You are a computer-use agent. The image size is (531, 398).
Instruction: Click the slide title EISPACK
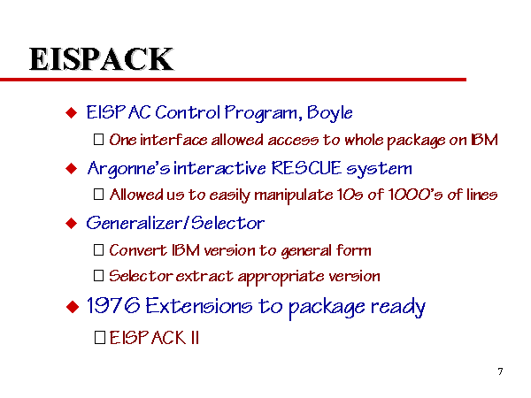pos(101,59)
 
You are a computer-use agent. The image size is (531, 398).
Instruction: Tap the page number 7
pos(500,371)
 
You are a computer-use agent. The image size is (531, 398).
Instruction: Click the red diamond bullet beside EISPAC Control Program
pos(72,112)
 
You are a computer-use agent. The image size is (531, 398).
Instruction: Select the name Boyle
pos(329,112)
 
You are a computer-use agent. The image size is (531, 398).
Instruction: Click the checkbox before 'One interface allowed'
pos(98,140)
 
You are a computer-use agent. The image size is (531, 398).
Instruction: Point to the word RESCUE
pos(306,168)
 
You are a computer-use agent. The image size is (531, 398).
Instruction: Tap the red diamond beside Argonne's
pos(72,168)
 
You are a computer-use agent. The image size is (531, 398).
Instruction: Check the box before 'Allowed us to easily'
pos(98,195)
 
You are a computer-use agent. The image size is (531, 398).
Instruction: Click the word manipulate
pos(293,195)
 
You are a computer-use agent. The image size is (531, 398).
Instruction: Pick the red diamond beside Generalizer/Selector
pos(72,224)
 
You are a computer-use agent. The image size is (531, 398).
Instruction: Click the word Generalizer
pos(135,224)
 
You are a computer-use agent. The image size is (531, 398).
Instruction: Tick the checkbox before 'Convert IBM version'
pos(98,250)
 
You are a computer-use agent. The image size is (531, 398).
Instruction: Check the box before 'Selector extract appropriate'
pos(98,275)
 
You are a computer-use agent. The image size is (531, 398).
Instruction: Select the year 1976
pos(113,306)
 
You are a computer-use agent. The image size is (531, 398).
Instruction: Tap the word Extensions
pos(199,306)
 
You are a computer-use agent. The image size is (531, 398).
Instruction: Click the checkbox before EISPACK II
pos(100,338)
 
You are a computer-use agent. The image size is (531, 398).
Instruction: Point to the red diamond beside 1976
pos(73,307)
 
